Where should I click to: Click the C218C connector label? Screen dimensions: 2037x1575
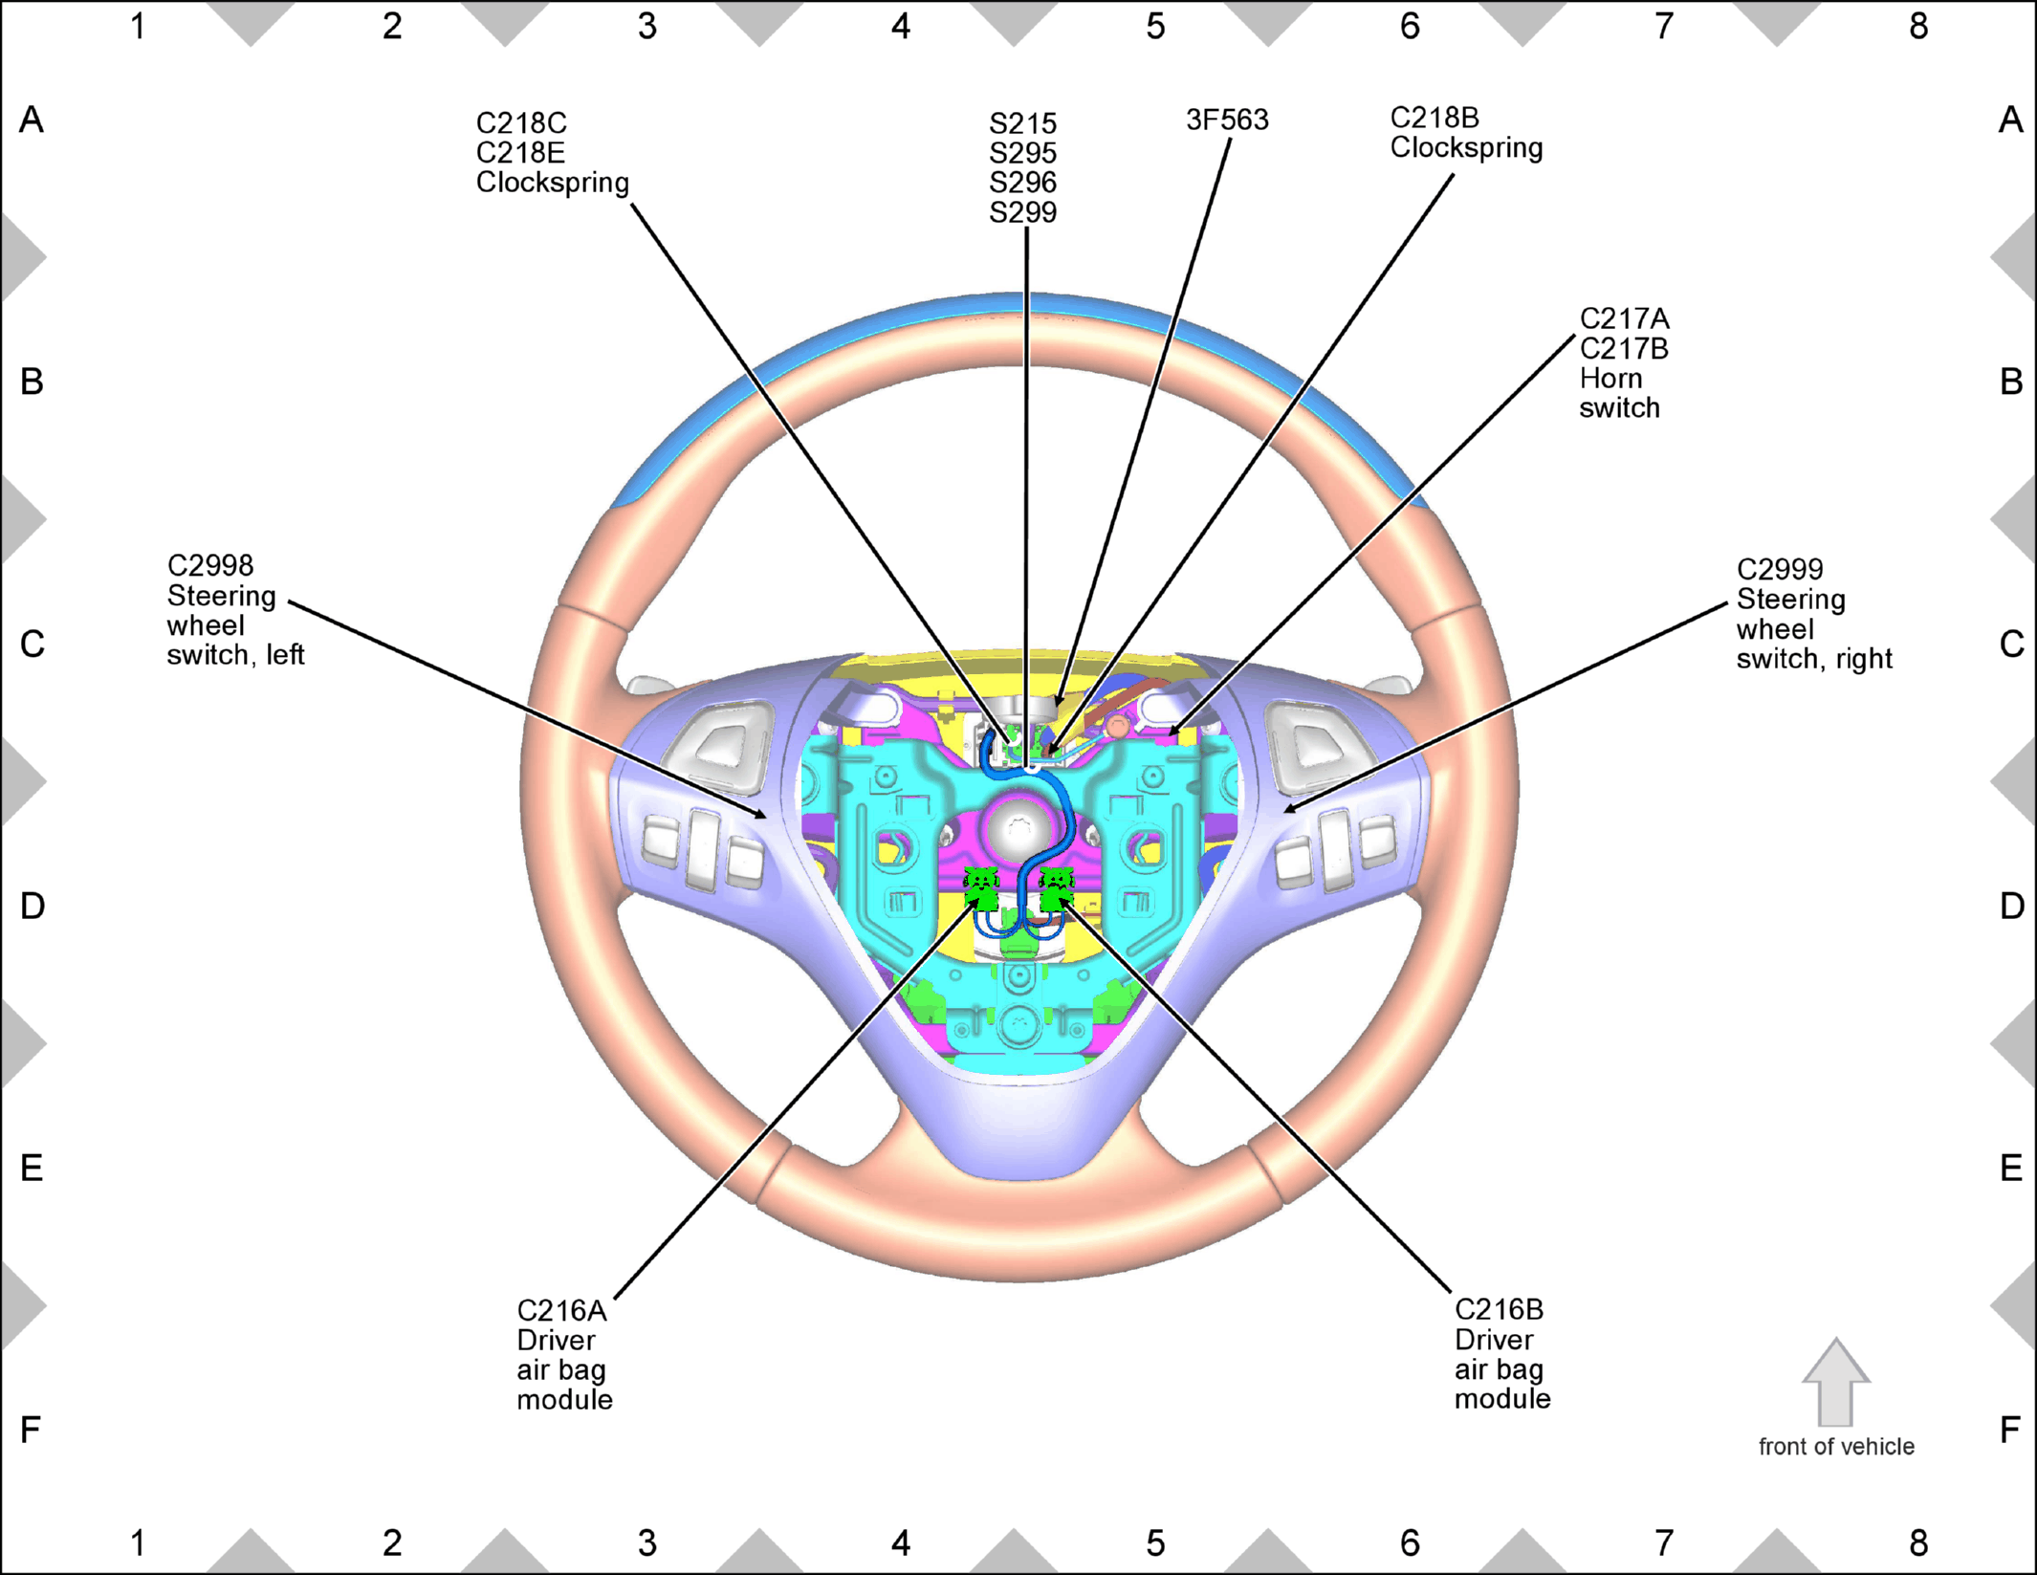tap(521, 123)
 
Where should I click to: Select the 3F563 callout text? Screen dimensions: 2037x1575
tap(1227, 120)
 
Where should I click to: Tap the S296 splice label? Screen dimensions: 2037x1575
tap(1022, 183)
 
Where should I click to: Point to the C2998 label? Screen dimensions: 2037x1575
tap(210, 565)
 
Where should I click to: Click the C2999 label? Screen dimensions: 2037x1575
tap(1780, 569)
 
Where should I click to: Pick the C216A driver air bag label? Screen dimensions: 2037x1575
tap(564, 1354)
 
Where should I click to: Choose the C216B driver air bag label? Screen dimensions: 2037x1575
tap(1502, 1353)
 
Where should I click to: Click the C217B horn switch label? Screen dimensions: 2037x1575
tap(1624, 348)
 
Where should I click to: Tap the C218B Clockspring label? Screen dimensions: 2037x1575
tap(1466, 133)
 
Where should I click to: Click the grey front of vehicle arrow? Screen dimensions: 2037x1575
tap(1835, 1382)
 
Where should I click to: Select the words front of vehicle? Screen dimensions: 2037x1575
tap(1836, 1447)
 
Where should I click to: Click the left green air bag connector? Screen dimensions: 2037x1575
tap(982, 888)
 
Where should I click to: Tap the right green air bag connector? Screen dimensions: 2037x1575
tap(1056, 888)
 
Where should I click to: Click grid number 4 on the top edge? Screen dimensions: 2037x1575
tap(901, 27)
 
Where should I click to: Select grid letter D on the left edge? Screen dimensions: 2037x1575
tap(33, 906)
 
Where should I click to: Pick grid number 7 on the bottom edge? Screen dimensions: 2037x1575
tap(1664, 1542)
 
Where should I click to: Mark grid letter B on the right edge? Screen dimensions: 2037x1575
tap(2011, 382)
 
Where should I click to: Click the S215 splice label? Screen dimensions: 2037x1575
tap(1022, 123)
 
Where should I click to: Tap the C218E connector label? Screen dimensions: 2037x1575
tap(520, 153)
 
